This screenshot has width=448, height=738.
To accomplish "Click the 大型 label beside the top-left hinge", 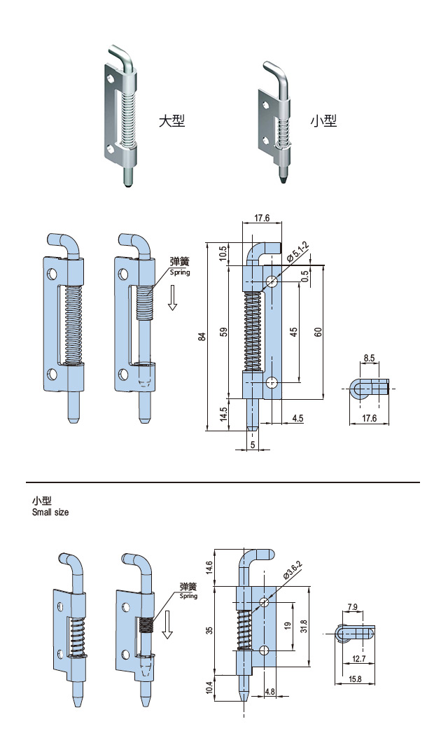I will [x=171, y=120].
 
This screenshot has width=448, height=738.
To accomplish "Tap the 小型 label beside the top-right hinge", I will [x=323, y=120].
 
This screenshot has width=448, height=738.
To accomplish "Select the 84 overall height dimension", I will [x=202, y=336].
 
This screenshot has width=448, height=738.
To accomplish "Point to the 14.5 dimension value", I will [x=223, y=414].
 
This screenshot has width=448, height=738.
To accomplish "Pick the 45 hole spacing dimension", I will [x=294, y=332].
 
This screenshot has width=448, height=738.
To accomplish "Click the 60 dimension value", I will [x=318, y=332].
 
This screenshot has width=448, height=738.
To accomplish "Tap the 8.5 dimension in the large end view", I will [x=369, y=358].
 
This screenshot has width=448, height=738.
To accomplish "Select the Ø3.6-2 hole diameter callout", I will [x=290, y=572].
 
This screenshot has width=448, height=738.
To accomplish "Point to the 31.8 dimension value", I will [x=302, y=625].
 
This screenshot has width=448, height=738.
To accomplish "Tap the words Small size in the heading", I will [x=50, y=513].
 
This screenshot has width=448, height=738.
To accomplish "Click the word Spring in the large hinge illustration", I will [x=180, y=272].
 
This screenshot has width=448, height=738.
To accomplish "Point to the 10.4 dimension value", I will [x=210, y=689].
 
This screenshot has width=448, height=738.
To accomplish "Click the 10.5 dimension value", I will [x=223, y=253].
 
